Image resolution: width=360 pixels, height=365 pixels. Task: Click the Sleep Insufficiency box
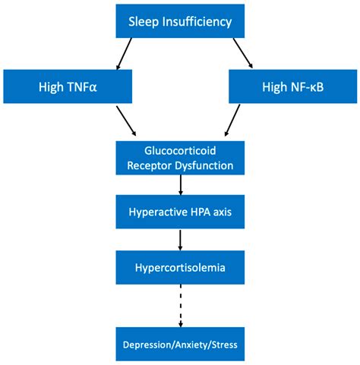pos(179,20)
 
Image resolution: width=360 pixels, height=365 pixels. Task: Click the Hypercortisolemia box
pos(179,268)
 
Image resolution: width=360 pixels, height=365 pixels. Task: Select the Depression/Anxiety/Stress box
pos(179,345)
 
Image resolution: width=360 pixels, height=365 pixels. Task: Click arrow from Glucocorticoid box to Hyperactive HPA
pos(180,185)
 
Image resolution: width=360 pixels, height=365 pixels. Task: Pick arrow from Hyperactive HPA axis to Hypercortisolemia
pos(180,240)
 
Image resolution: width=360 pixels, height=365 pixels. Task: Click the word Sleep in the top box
pos(143,20)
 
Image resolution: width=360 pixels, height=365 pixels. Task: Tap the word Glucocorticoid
pos(179,151)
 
